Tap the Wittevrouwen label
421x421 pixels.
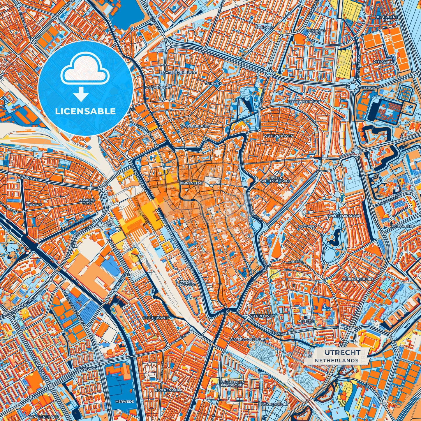(x=278, y=136)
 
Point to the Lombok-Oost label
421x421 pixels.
(x=87, y=202)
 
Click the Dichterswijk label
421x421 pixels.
(x=154, y=318)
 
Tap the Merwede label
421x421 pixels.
(x=124, y=401)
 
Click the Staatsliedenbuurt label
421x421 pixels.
(x=178, y=72)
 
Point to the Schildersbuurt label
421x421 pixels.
(x=357, y=279)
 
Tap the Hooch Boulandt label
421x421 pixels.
(x=186, y=283)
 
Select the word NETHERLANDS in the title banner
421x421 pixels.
(x=337, y=360)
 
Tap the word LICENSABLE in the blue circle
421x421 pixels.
(x=85, y=111)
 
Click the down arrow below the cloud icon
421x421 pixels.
(x=81, y=95)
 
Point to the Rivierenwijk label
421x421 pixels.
(x=168, y=390)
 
